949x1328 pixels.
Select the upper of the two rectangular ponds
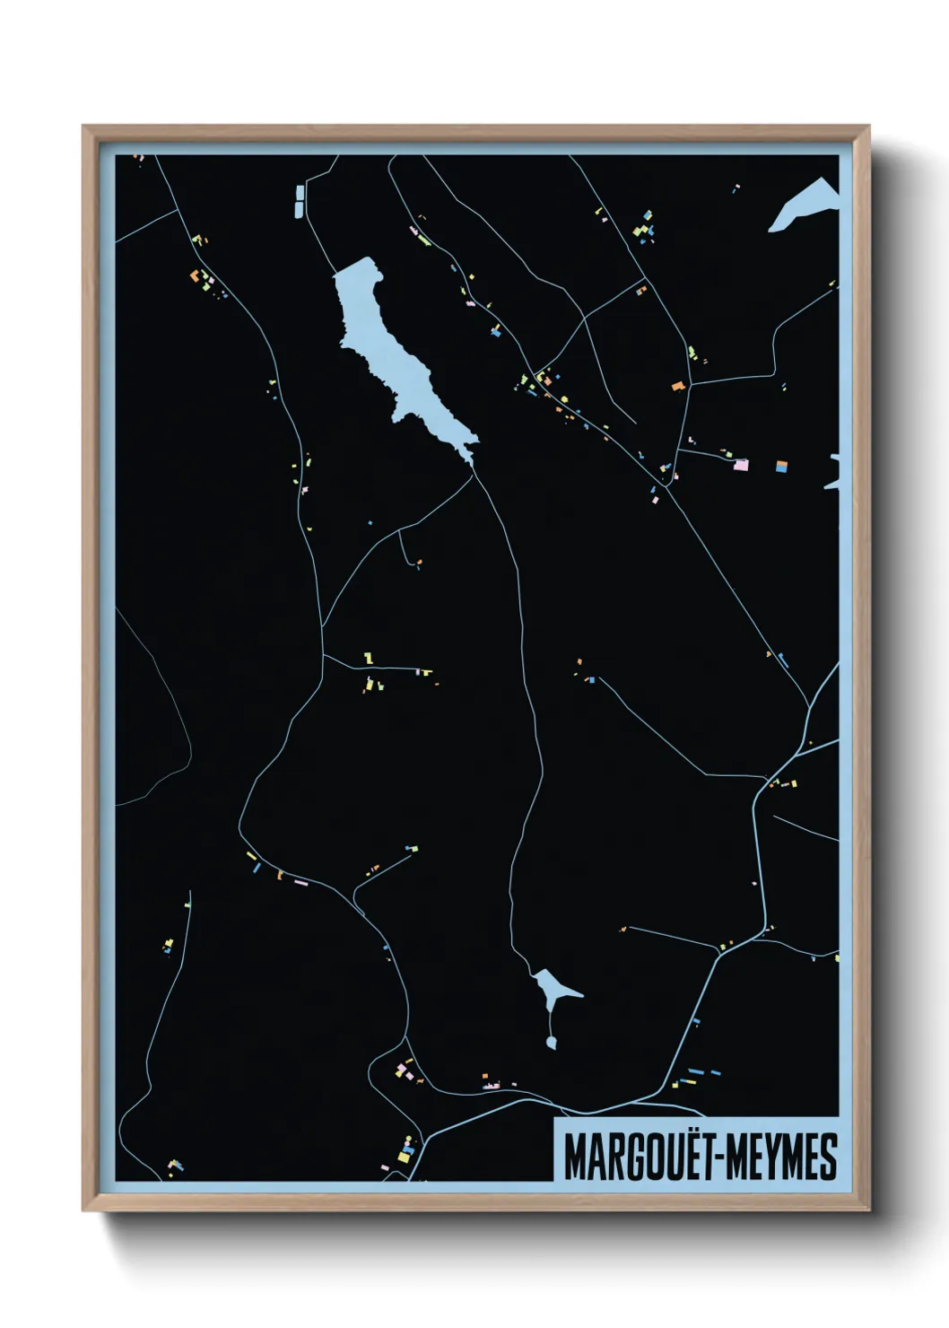(x=299, y=192)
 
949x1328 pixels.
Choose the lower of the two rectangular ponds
(x=299, y=209)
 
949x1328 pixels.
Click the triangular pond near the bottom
(x=552, y=987)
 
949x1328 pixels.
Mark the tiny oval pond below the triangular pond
(x=551, y=1042)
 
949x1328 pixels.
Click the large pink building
(x=741, y=465)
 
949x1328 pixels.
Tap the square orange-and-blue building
(x=780, y=466)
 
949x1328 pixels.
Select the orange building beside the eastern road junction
(x=678, y=386)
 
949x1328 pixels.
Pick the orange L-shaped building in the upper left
(x=194, y=275)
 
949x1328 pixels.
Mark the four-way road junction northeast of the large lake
(x=585, y=316)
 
